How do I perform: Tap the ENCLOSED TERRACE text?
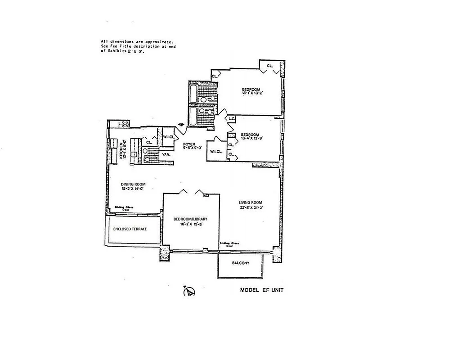tap(130, 229)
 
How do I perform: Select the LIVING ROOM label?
tap(251, 202)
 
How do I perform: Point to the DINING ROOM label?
tap(133, 184)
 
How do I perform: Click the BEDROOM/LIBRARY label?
tap(190, 219)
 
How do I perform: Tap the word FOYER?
tap(188, 144)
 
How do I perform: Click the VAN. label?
tap(166, 154)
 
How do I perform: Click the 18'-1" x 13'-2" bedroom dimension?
tap(252, 94)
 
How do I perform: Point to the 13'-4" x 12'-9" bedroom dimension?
tap(250, 139)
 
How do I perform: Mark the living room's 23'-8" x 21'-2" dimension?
tap(251, 208)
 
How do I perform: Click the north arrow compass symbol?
tap(189, 291)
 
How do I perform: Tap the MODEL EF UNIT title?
tap(261, 290)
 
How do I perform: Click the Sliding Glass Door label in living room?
tap(229, 244)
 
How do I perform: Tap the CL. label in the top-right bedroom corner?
tap(270, 66)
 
